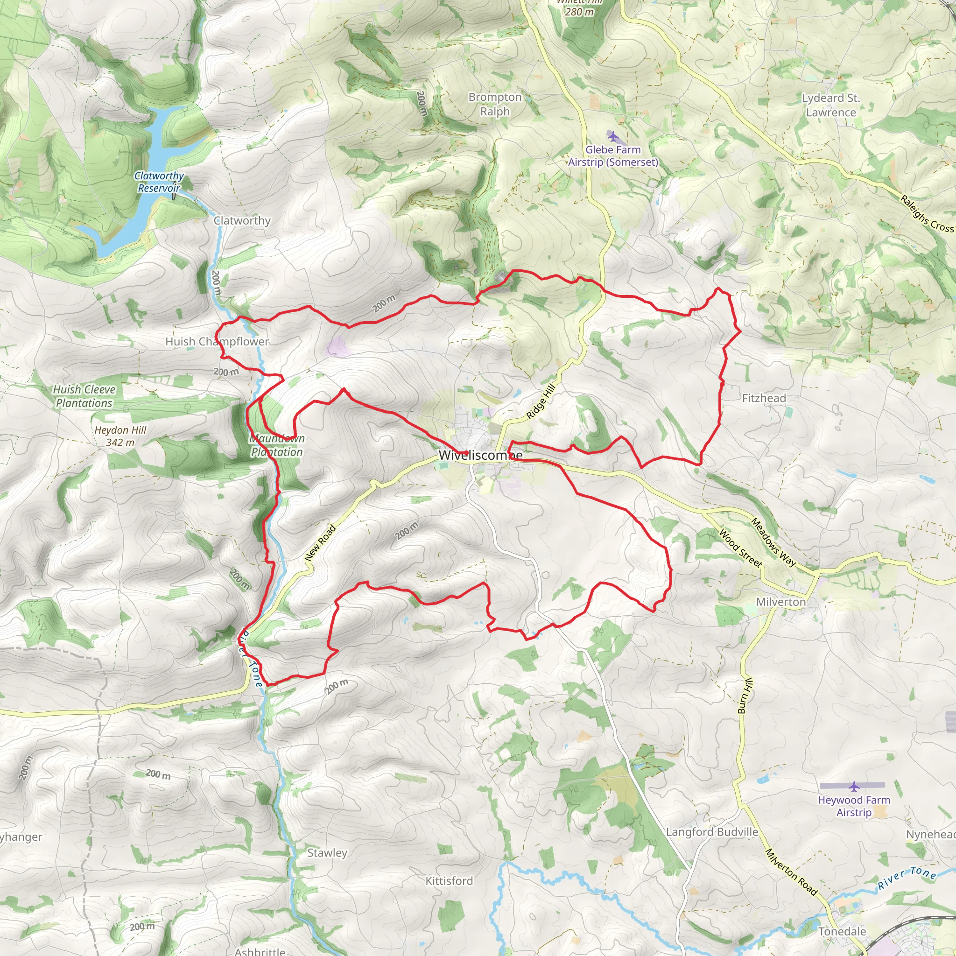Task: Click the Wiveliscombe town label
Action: (480, 455)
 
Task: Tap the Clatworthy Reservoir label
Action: (159, 182)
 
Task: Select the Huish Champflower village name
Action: (217, 341)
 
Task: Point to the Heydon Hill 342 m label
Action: (120, 436)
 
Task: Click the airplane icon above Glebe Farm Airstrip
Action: (612, 136)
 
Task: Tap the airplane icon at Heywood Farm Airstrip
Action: (854, 786)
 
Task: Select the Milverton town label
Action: (781, 602)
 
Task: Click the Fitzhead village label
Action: (764, 398)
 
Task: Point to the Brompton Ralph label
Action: (495, 105)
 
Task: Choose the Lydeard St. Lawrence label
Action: (831, 105)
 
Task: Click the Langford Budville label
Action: (711, 832)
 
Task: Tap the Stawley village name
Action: (327, 852)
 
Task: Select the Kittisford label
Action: (449, 881)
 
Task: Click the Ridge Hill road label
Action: (541, 401)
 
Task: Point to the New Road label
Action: (320, 543)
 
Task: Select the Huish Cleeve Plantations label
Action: (84, 396)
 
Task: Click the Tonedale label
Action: (842, 931)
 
